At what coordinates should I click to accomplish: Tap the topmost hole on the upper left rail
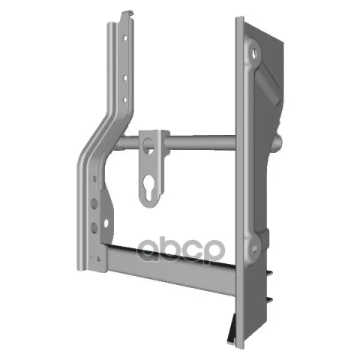125,38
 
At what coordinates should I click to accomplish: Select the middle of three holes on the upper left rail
125,78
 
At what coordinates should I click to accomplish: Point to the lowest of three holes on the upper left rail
125,100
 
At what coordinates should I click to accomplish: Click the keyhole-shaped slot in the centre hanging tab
148,187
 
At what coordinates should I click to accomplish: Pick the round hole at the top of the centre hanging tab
148,145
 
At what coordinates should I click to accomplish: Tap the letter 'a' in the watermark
150,249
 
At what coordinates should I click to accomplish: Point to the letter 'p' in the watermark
211,251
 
